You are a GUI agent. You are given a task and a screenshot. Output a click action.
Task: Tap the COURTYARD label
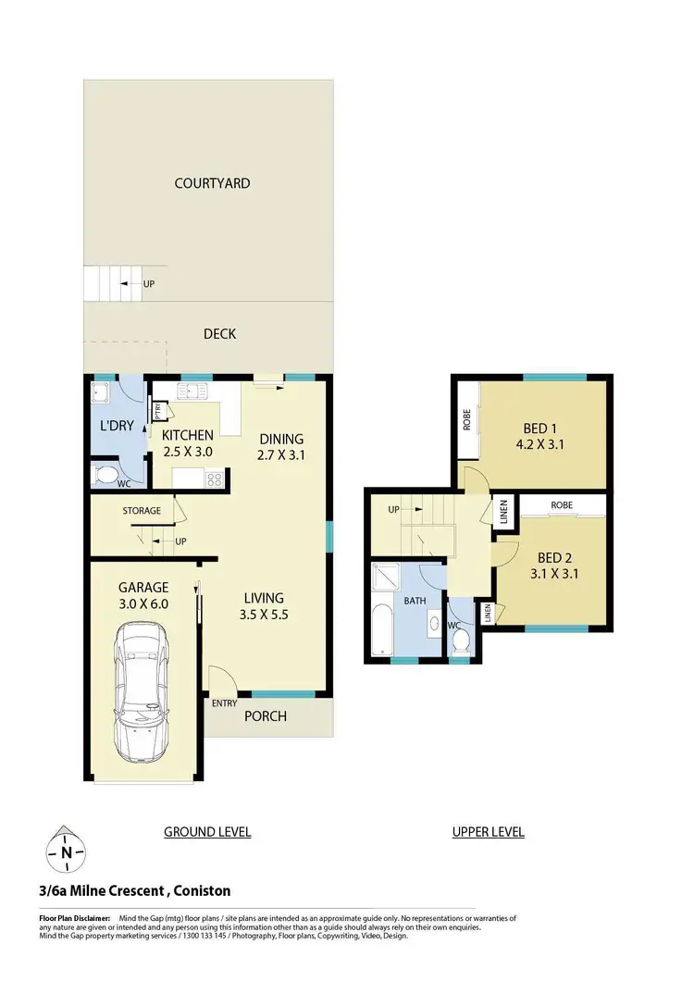pos(212,183)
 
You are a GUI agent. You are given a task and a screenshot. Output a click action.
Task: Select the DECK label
pos(219,333)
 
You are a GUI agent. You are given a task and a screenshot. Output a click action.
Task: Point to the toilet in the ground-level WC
pos(106,477)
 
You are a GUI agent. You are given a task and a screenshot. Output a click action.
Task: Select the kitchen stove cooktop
pos(213,479)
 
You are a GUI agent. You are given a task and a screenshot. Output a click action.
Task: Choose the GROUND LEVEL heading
pos(207,832)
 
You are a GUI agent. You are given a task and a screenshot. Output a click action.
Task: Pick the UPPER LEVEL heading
pos(488,832)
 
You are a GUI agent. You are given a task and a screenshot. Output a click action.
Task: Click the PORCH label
pos(265,715)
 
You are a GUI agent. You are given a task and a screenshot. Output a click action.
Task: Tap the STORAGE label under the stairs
pos(142,510)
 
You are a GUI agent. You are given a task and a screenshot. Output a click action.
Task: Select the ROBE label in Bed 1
pos(467,421)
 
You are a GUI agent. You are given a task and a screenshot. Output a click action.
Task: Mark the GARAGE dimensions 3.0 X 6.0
pos(143,603)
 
